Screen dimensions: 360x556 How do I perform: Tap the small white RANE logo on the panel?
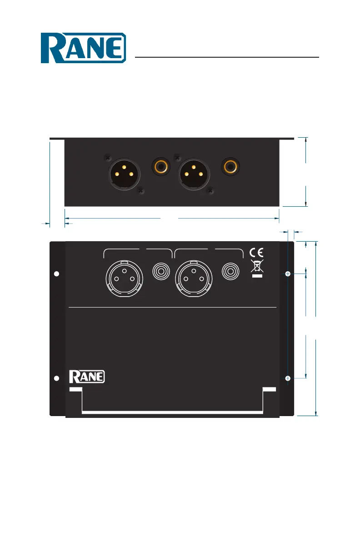coord(87,377)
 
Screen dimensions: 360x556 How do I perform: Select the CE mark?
coord(257,253)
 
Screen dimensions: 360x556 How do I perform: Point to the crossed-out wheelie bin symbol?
coord(257,267)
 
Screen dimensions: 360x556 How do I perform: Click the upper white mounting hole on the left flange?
coord(57,274)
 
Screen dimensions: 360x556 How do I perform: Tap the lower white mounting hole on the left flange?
coord(57,378)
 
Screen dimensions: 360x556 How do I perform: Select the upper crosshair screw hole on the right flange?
coord(288,274)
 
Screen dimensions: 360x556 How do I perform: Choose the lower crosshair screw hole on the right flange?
coord(288,378)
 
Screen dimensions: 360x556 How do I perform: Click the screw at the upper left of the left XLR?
coord(107,158)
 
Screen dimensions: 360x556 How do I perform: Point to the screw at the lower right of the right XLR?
coord(210,192)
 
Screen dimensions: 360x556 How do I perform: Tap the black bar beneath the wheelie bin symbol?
coord(257,276)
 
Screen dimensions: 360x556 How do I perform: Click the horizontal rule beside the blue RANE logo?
coord(227,58)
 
